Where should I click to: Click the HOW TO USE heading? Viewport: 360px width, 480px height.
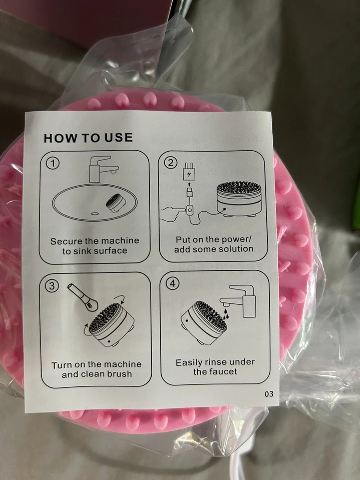(88, 138)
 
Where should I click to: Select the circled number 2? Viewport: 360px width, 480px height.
(171, 163)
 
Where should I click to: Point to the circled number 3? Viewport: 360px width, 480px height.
(52, 286)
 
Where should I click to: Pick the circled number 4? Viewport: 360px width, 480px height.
(173, 284)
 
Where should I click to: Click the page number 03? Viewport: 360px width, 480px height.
(269, 394)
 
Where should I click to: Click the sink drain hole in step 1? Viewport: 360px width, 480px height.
(95, 214)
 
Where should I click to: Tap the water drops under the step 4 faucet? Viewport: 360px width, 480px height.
(225, 314)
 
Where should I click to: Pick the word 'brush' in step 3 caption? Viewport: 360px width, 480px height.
(117, 374)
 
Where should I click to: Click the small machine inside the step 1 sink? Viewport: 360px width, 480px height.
(116, 203)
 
